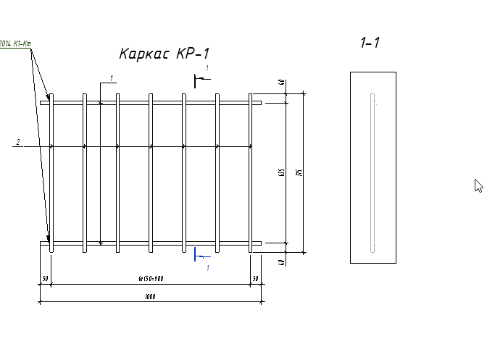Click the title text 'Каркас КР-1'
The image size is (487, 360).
click(x=165, y=54)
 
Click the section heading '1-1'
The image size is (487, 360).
click(x=370, y=43)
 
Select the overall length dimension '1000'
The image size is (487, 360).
click(x=150, y=297)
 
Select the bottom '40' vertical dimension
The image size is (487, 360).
click(x=280, y=261)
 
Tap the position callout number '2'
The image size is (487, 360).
click(x=18, y=142)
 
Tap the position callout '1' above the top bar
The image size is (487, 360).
click(x=112, y=78)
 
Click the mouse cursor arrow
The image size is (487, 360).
click(x=478, y=185)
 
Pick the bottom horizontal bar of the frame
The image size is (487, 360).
click(x=150, y=243)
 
